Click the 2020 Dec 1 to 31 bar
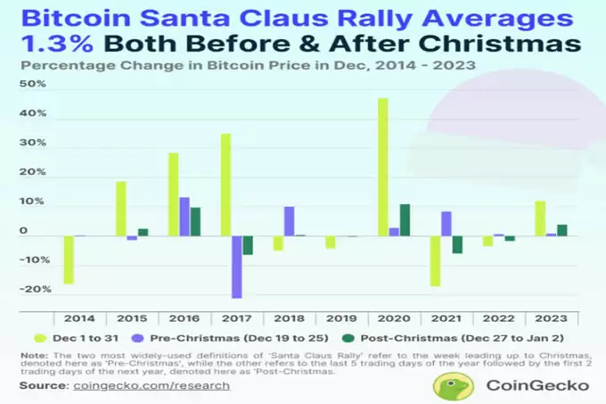point(383,167)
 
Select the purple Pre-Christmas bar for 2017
point(236,268)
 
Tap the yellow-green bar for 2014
point(70,260)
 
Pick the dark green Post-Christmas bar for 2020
point(405,220)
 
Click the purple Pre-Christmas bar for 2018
point(289,221)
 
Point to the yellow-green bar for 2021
point(435,261)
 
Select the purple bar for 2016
point(184,217)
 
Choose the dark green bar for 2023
point(562,230)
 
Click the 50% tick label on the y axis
point(32,84)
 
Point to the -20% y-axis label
point(35,289)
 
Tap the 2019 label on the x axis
point(341,318)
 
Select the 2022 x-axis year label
point(498,318)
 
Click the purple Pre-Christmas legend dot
point(137,338)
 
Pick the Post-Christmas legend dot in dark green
point(348,338)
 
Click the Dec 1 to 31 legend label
point(86,338)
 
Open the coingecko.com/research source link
point(151,386)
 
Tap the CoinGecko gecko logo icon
point(454,386)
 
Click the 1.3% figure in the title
point(57,44)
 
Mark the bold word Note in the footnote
point(34,355)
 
